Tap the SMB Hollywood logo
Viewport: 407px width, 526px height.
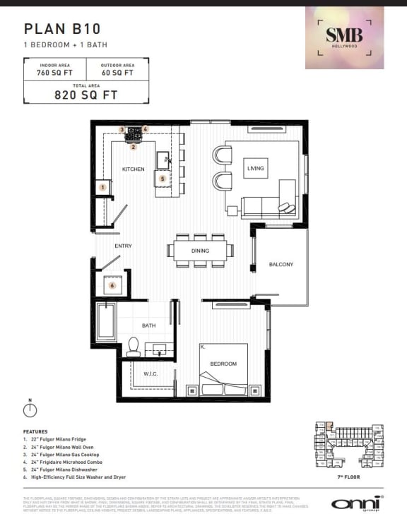(x=344, y=37)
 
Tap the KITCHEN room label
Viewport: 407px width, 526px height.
(x=133, y=169)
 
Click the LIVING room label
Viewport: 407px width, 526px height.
(x=255, y=169)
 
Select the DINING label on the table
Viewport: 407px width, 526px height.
(x=200, y=251)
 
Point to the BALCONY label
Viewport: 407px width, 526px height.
(x=281, y=265)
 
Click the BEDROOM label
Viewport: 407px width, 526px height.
(x=223, y=364)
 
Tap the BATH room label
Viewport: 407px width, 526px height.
(x=148, y=325)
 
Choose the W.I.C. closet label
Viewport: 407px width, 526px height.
(x=150, y=373)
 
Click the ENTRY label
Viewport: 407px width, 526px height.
(x=123, y=246)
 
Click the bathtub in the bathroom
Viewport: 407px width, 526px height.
(x=105, y=321)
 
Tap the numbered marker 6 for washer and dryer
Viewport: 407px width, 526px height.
(x=112, y=285)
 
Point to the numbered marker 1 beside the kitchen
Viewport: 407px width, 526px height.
(x=103, y=187)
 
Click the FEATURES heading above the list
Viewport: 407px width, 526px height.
(x=36, y=431)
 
